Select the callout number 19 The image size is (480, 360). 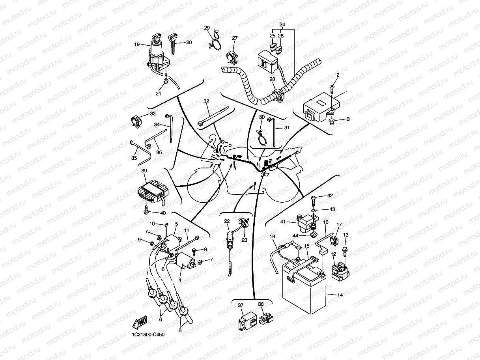point(137,45)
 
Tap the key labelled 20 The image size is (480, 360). point(172,42)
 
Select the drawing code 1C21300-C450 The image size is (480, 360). point(148,334)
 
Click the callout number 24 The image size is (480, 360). point(282,24)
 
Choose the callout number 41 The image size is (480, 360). point(283,222)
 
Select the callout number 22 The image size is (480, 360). point(227,221)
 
